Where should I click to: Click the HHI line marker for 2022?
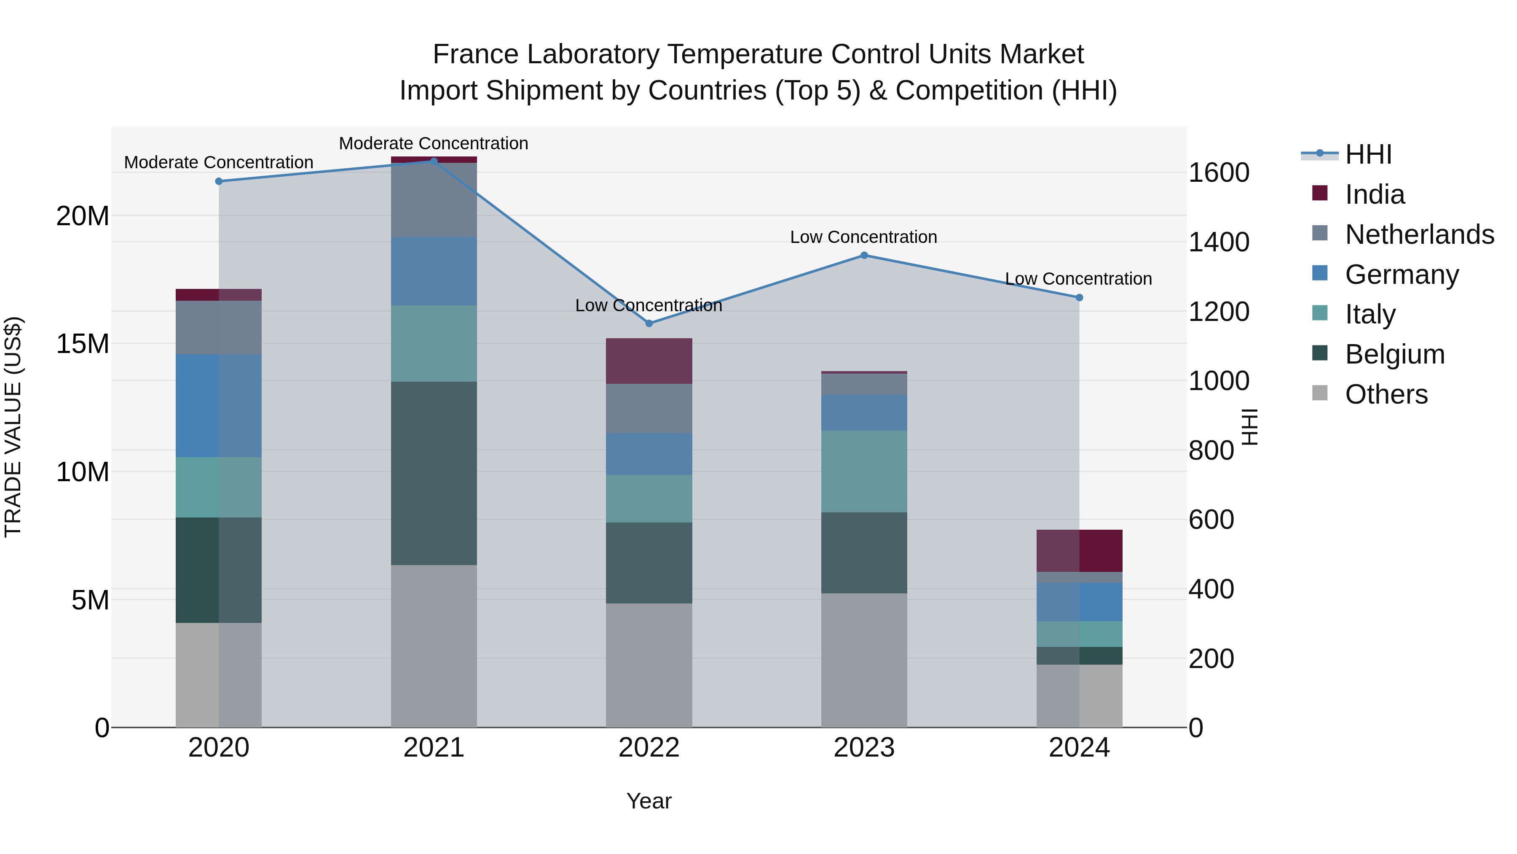tap(649, 323)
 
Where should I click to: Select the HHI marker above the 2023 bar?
tap(864, 255)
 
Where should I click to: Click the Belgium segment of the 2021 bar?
tap(434, 473)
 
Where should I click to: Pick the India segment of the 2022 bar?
tap(649, 361)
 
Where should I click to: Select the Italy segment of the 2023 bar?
tap(864, 471)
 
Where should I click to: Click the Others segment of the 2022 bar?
tap(649, 665)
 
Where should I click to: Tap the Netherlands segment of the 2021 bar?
tap(434, 200)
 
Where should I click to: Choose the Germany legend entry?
tap(1402, 275)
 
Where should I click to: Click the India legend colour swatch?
tap(1320, 193)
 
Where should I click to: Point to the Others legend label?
tap(1386, 394)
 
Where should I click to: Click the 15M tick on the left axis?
tap(83, 344)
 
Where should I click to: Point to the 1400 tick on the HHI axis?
tap(1218, 242)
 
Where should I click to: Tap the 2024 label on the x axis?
tap(1079, 748)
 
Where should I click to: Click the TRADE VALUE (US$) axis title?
tap(13, 427)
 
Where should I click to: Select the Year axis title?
tap(649, 801)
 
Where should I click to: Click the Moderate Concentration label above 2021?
tap(434, 143)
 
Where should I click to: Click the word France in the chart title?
tap(476, 54)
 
